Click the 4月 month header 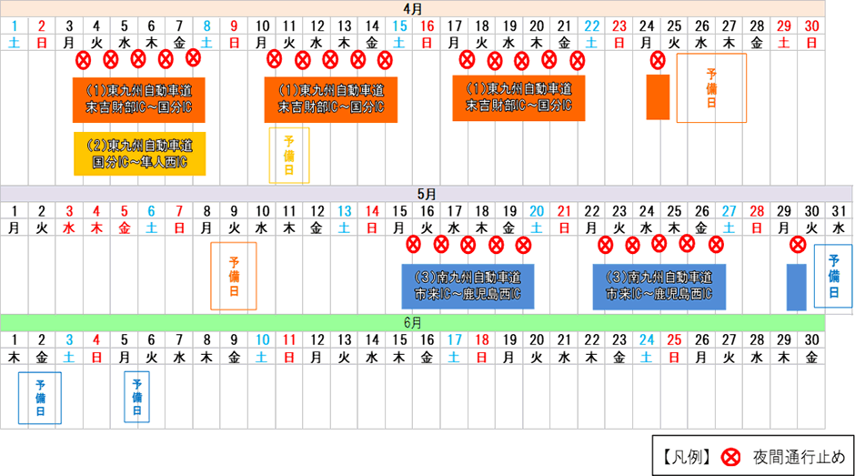tap(413, 9)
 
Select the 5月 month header tap(427, 194)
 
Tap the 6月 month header tap(413, 322)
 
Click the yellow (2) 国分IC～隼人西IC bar tap(139, 154)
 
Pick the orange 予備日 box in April tap(711, 88)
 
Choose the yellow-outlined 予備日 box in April tap(289, 155)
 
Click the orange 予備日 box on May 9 tap(234, 276)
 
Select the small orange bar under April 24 tap(658, 97)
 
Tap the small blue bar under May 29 tap(796, 287)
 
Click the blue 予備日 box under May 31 tap(833, 276)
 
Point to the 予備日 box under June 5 tap(136, 397)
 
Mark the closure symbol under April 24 tap(659, 60)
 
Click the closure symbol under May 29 tap(798, 245)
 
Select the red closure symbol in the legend tap(730, 457)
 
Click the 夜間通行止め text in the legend tap(799, 457)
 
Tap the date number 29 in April tap(783, 25)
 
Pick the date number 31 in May tap(839, 211)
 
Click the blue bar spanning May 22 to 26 tap(659, 287)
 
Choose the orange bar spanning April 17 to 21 tap(518, 97)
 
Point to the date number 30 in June tap(811, 339)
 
